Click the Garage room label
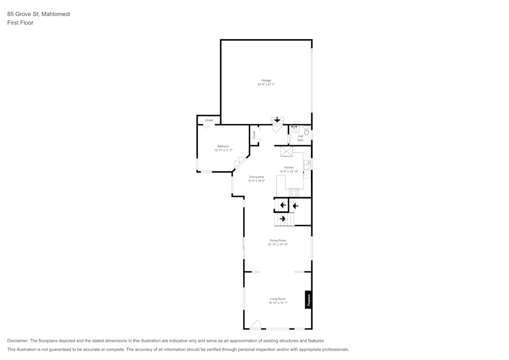266,80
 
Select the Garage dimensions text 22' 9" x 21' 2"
266,85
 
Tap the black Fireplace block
308,300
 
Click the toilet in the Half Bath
306,131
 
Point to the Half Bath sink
294,129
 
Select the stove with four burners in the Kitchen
294,192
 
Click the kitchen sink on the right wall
307,164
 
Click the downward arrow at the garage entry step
277,120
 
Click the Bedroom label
223,146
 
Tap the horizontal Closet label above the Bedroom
209,120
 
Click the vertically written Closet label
254,135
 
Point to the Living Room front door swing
256,324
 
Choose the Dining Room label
278,240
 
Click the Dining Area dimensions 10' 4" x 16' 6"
257,181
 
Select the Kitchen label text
289,168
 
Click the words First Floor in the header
20,23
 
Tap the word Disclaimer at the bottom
18,341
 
